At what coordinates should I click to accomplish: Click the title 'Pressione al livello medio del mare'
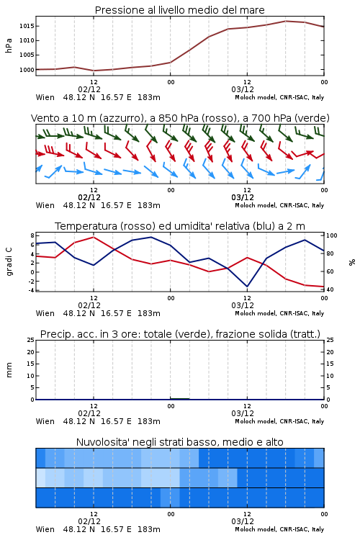(179, 10)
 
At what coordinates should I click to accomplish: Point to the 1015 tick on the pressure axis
(26, 26)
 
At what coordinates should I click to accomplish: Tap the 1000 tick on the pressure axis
(26, 70)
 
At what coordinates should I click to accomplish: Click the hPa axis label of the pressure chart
(9, 45)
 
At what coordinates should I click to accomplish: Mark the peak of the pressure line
(286, 21)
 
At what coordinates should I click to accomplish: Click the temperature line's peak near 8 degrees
(94, 237)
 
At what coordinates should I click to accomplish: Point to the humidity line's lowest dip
(247, 287)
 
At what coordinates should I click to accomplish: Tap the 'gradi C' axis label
(9, 261)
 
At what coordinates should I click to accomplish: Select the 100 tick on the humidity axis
(331, 235)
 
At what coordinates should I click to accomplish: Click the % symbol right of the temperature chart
(352, 262)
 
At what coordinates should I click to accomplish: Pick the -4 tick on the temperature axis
(31, 290)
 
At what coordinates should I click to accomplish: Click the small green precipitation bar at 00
(179, 398)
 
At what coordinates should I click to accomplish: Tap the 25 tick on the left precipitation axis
(31, 340)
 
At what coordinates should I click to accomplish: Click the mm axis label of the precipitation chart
(9, 369)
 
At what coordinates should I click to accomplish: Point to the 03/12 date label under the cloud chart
(243, 521)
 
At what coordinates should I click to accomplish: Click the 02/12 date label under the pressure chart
(89, 89)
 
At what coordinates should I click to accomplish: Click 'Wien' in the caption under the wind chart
(45, 205)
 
